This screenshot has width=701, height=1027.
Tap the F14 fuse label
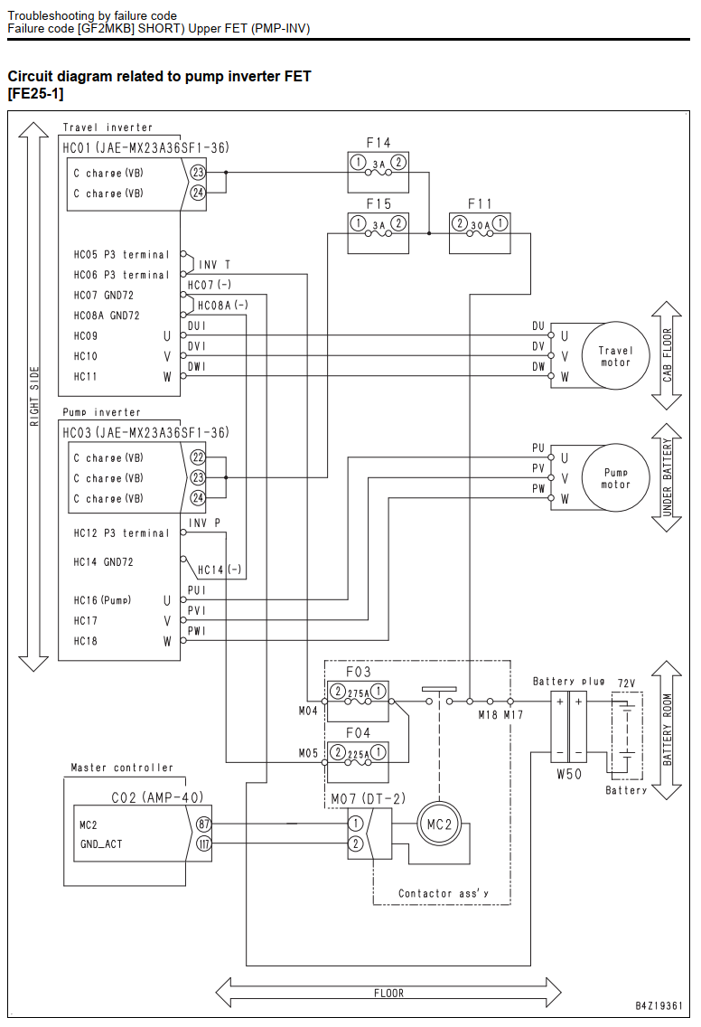point(379,142)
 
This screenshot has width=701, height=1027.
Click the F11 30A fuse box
point(480,232)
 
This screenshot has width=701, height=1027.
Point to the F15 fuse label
point(379,203)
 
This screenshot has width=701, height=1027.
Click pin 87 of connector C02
point(203,824)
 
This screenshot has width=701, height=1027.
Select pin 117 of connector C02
point(203,843)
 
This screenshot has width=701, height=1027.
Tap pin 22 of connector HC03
point(198,457)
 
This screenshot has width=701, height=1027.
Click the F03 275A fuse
point(358,700)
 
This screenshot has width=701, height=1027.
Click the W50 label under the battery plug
point(569,774)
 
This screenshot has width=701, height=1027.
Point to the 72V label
point(626,683)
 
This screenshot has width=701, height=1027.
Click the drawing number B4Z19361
point(659,1005)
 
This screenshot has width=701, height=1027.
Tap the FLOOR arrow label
point(388,993)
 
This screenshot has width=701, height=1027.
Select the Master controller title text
point(122,767)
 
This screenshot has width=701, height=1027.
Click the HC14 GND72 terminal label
point(103,562)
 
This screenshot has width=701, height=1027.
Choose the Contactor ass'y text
point(444,893)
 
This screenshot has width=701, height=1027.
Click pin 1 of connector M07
point(355,824)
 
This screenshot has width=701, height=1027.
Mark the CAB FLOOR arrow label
point(667,355)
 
